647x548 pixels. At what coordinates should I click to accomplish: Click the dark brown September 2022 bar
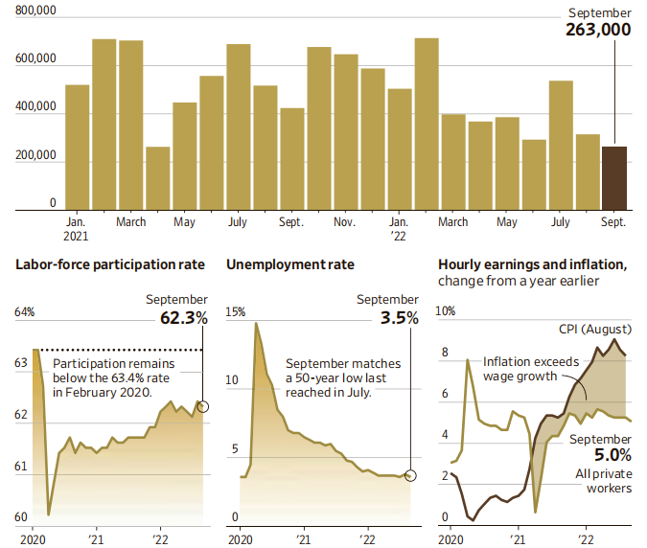tap(613, 178)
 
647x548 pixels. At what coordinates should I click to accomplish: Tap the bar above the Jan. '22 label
tap(400, 148)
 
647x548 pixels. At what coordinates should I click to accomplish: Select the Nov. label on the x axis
tap(345, 222)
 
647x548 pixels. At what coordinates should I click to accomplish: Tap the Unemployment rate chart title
tap(289, 264)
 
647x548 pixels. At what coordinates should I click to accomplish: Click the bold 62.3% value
tap(179, 317)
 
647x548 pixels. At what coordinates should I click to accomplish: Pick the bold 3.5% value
tap(399, 317)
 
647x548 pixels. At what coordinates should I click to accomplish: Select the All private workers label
tap(605, 480)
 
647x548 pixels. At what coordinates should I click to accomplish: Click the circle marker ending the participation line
tap(202, 406)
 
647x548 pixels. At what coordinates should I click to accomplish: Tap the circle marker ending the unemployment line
tap(411, 475)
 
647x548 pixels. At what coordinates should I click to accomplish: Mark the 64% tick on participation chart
tap(24, 312)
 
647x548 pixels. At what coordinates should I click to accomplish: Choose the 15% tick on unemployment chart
tap(235, 312)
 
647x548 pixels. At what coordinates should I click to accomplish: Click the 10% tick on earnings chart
tap(447, 312)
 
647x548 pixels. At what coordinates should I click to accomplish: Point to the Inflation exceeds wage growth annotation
tap(520, 369)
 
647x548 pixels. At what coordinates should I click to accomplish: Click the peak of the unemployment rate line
tap(256, 324)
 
